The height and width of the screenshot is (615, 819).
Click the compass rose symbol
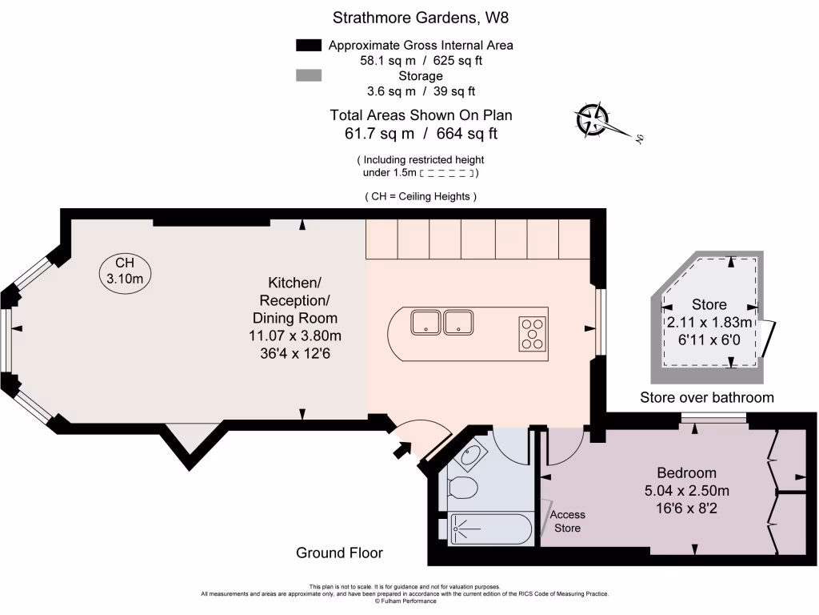click(593, 120)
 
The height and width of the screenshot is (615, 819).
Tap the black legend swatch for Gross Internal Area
click(308, 46)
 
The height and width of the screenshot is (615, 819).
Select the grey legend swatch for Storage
click(308, 76)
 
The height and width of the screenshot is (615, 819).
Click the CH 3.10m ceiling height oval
click(125, 271)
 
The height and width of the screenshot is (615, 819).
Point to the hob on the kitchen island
click(533, 334)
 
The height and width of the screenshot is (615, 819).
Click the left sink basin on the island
click(425, 323)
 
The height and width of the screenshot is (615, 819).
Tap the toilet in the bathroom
click(462, 486)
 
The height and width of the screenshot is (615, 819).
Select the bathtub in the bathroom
click(488, 529)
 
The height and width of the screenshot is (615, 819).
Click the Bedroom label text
click(686, 472)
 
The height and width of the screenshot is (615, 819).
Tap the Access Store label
click(567, 521)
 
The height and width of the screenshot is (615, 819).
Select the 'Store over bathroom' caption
click(707, 398)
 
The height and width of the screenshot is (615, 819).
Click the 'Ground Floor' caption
click(339, 553)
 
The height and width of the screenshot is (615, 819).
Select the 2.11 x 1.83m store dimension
click(710, 323)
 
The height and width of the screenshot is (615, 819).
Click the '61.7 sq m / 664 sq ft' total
click(420, 134)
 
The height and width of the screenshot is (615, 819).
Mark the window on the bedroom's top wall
click(713, 417)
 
